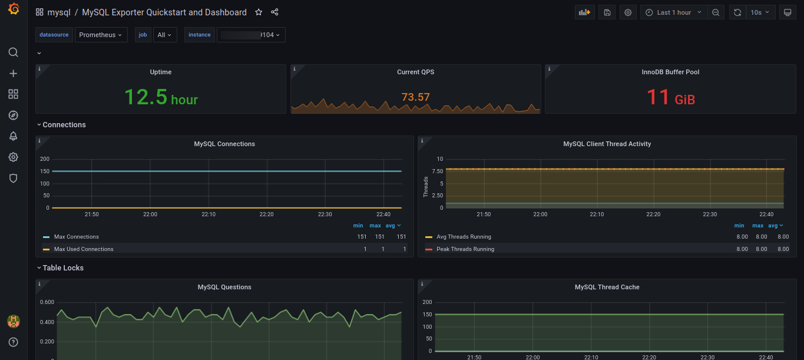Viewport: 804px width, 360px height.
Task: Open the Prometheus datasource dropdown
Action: click(x=101, y=35)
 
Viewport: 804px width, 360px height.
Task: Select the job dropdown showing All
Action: click(x=164, y=35)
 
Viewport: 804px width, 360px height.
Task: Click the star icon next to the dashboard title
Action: click(x=259, y=12)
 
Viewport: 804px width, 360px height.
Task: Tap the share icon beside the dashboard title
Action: click(x=274, y=12)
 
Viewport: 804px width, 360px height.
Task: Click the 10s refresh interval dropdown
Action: click(x=760, y=12)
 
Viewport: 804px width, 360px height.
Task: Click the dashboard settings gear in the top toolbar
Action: click(x=628, y=12)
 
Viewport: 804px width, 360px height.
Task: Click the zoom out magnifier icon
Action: click(x=716, y=12)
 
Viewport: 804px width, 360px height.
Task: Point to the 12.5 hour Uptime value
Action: click(x=161, y=97)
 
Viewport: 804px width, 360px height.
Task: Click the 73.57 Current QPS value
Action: click(x=415, y=97)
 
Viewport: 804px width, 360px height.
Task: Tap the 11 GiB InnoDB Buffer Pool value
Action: click(x=670, y=97)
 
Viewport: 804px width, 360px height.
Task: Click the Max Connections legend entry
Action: click(x=77, y=237)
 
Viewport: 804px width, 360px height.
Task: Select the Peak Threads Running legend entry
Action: click(x=465, y=249)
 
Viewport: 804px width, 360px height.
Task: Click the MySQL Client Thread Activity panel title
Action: click(x=607, y=144)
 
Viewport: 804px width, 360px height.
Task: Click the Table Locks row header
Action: click(x=63, y=268)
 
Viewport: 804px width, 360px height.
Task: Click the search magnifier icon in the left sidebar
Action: click(x=14, y=52)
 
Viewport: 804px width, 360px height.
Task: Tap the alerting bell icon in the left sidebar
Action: click(x=14, y=136)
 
